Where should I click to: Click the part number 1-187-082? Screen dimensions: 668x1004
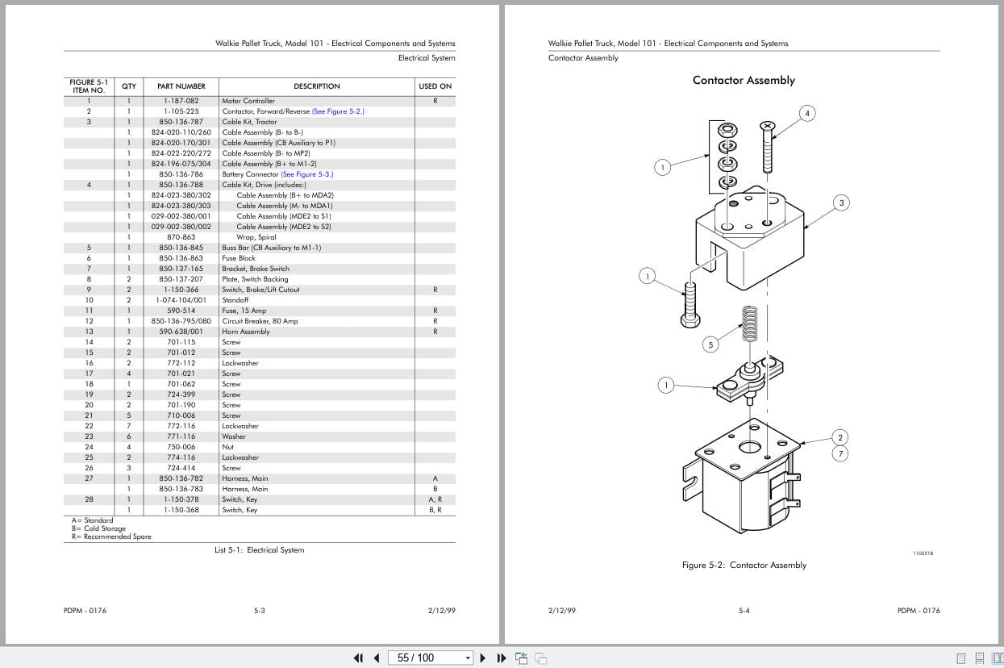tap(181, 101)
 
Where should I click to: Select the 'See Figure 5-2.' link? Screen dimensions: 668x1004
tap(338, 111)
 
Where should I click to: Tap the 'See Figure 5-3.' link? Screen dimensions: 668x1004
tap(306, 174)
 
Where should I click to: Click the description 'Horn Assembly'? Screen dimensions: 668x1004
tap(246, 332)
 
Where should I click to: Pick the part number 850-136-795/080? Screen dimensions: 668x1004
tap(181, 321)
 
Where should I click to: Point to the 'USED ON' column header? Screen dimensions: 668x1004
tap(435, 86)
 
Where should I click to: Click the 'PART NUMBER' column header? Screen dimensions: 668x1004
tap(181, 86)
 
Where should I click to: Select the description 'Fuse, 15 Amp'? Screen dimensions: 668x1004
tap(244, 311)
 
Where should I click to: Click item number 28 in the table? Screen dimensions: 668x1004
tap(89, 499)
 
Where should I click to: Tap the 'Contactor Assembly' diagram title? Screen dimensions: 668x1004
tap(744, 80)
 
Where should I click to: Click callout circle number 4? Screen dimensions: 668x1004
tap(807, 113)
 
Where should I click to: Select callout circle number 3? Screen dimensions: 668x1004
tap(841, 202)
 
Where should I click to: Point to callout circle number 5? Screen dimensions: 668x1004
tap(710, 344)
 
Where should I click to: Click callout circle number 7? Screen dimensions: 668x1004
tap(840, 453)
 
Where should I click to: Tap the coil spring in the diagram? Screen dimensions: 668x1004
tap(750, 327)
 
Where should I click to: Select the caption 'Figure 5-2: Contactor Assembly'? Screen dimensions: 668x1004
tap(744, 566)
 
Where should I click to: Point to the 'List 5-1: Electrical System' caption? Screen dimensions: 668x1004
tap(259, 550)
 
